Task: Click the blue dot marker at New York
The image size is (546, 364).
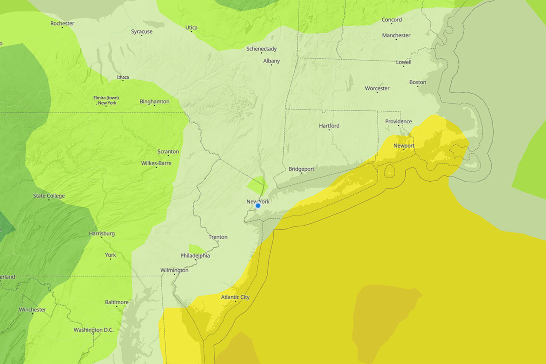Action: [x=258, y=206]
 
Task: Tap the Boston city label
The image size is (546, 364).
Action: [x=418, y=82]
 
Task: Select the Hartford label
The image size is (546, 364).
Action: [x=329, y=126]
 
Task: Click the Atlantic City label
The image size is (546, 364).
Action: [x=235, y=297]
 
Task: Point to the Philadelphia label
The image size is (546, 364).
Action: [x=195, y=256]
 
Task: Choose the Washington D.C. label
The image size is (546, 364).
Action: [x=94, y=330]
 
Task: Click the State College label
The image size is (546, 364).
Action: [x=49, y=196]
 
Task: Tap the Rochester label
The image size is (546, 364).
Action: [x=62, y=23]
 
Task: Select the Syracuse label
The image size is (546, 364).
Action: [x=142, y=32]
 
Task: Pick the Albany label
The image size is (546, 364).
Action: [x=272, y=61]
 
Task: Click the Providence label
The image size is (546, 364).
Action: [x=399, y=121]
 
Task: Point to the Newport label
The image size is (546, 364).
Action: [x=404, y=146]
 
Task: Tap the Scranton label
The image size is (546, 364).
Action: [x=168, y=151]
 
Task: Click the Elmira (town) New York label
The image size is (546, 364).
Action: [x=106, y=100]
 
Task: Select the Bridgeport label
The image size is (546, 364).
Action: [x=301, y=169]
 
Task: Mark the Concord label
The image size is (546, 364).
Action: [x=392, y=20]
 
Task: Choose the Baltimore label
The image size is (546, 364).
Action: [x=116, y=302]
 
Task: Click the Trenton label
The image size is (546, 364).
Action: [x=218, y=237]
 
